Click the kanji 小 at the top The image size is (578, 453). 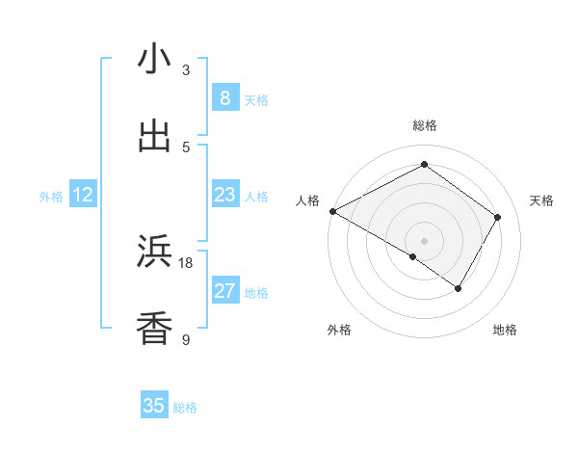[x=154, y=59]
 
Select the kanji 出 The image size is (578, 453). [x=154, y=136]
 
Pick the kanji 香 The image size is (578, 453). [x=154, y=328]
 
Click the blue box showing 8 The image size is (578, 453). [x=224, y=98]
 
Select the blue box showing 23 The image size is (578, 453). [x=224, y=196]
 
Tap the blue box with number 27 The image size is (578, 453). [x=224, y=291]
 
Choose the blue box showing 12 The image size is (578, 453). [x=83, y=196]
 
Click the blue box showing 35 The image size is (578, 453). [x=154, y=406]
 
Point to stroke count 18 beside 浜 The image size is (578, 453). [x=186, y=263]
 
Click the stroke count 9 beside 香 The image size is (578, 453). [x=186, y=339]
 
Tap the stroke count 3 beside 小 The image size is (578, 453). [x=186, y=70]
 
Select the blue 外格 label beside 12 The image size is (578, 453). [x=51, y=197]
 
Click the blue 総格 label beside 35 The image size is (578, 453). [x=185, y=408]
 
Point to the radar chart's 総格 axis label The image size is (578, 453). [x=424, y=125]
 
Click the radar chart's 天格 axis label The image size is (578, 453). [x=541, y=200]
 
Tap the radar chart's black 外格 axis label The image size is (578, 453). [x=339, y=330]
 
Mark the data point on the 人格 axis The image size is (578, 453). [x=332, y=211]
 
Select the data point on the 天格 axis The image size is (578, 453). [x=497, y=217]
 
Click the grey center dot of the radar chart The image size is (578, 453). [x=424, y=240]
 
